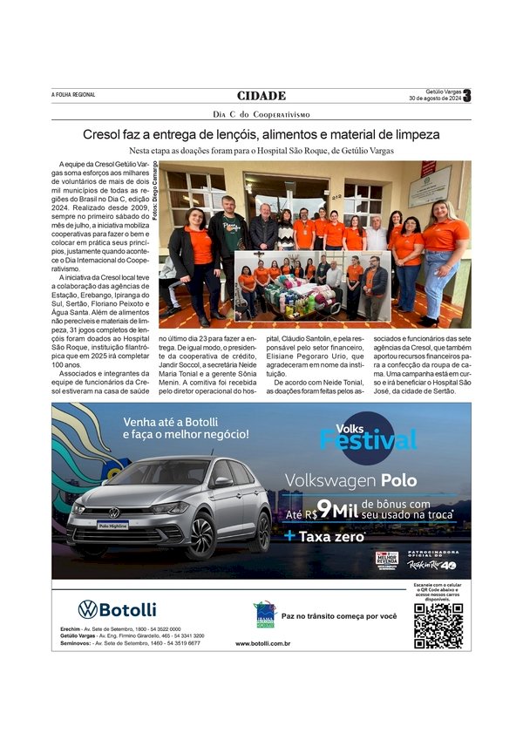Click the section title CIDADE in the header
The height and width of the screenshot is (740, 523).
(x=261, y=96)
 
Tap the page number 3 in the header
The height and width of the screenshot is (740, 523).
(x=466, y=96)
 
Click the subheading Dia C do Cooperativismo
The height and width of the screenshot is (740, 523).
(x=261, y=114)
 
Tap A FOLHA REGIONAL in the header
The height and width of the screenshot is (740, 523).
(x=73, y=95)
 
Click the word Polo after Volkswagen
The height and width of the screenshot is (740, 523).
(x=398, y=480)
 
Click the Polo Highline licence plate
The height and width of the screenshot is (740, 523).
(x=113, y=526)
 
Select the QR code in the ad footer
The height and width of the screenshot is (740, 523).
(x=438, y=625)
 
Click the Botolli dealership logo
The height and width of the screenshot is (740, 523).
(x=117, y=609)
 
